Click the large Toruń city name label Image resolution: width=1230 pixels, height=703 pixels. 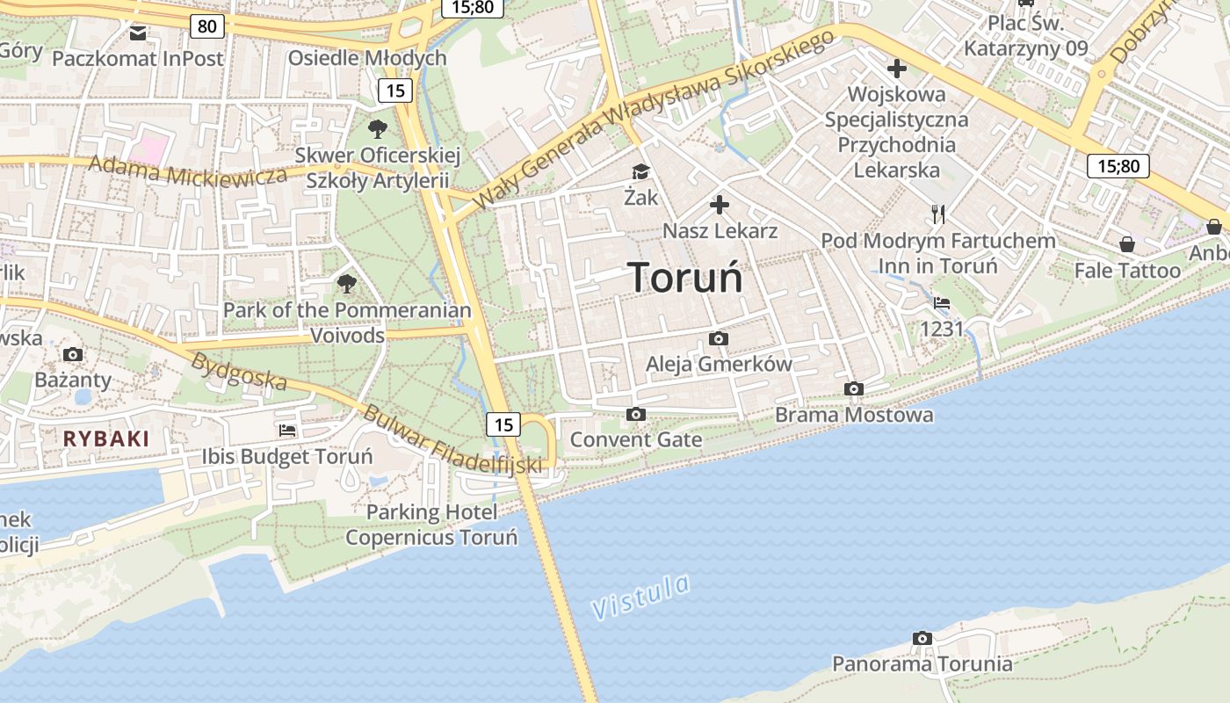[x=686, y=278]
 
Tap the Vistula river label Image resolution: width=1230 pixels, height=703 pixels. [x=640, y=598]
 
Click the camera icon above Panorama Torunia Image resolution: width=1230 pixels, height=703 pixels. [x=922, y=638]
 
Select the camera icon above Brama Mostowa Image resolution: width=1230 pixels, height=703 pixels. [x=853, y=388]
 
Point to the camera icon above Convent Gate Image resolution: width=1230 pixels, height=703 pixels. [x=636, y=414]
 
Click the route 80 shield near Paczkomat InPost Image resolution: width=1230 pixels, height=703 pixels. [x=206, y=26]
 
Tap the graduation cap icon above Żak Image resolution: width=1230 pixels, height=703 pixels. [x=640, y=171]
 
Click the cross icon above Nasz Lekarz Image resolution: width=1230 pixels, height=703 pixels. [x=720, y=206]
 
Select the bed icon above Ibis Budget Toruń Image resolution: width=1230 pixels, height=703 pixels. [x=287, y=431]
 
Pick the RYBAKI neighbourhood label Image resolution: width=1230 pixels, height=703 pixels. [x=106, y=438]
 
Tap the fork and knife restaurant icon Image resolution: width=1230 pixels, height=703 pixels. [x=938, y=214]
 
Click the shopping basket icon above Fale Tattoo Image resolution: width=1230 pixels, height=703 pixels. [x=1127, y=244]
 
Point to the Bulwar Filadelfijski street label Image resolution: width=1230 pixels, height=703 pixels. [x=452, y=440]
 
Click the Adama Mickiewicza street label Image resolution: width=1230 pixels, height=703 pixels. [x=188, y=170]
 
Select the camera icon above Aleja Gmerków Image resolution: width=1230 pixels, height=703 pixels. [x=719, y=338]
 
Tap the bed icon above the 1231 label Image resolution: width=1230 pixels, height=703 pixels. [x=942, y=303]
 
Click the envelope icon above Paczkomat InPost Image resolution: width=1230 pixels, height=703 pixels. [x=138, y=33]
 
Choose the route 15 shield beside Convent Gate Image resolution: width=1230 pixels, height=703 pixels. [x=503, y=424]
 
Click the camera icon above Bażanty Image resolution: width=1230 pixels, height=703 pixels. [x=73, y=354]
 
